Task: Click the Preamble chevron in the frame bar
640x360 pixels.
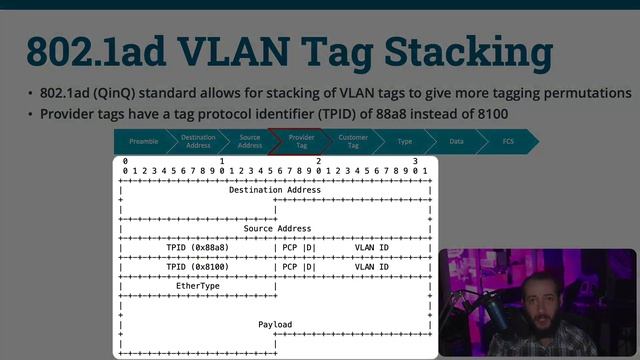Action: [144, 142]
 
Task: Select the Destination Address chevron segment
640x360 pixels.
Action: [198, 142]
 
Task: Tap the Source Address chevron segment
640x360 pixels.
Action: [250, 142]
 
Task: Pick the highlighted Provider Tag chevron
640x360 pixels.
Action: [301, 142]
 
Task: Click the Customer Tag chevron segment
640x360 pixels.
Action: [353, 142]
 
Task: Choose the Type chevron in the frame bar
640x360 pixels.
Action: [405, 142]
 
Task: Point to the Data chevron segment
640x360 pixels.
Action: [456, 142]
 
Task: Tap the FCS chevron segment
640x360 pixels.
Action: [508, 142]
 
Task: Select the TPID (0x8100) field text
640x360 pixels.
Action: [197, 267]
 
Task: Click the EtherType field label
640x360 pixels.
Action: [197, 286]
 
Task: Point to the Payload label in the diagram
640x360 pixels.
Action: [275, 325]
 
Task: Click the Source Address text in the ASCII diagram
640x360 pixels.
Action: [277, 229]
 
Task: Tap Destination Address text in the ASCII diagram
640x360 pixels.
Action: [275, 190]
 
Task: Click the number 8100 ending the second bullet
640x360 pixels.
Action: [489, 113]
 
